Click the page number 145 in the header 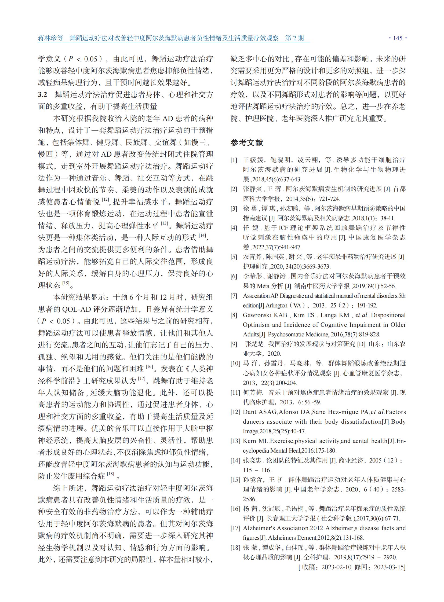pos(398,38)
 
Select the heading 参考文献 pos(246,143)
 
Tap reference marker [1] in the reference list pos(234,160)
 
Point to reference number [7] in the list pos(234,296)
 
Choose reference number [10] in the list pos(235,364)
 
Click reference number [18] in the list pos(235,548)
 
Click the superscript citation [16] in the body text pos(150,366)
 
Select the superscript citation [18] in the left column pos(110,474)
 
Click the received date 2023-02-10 pos(336,567)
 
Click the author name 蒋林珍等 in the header pos(50,38)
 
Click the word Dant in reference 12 pos(250,412)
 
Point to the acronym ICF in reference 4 pos(284,228)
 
